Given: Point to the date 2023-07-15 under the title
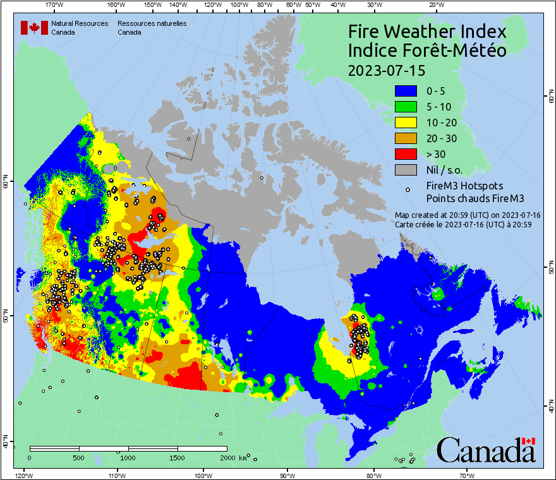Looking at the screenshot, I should (x=386, y=69).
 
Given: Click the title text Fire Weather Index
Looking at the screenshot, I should (x=427, y=32).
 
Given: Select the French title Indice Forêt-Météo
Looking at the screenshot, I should (x=427, y=51).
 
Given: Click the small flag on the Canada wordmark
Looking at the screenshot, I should (x=529, y=441).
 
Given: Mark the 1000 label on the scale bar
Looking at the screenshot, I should (x=128, y=457).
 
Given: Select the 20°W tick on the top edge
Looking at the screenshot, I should (x=435, y=5).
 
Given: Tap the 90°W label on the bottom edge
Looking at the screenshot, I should (x=287, y=475).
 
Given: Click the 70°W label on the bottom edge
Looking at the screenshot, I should (x=467, y=475).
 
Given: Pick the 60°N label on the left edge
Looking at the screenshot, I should (x=6, y=184).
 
